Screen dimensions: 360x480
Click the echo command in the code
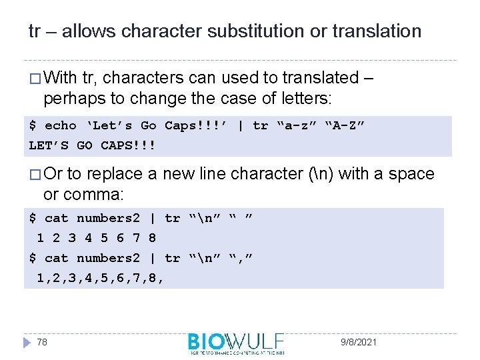click(x=61, y=126)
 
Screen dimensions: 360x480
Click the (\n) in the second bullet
click(x=323, y=175)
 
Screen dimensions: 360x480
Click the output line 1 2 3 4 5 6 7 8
click(x=96, y=237)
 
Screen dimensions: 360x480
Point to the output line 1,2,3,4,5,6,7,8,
click(x=100, y=277)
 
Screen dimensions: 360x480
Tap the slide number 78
click(x=41, y=342)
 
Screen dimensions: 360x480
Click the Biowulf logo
click(x=235, y=343)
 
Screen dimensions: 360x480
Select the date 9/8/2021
click(x=357, y=342)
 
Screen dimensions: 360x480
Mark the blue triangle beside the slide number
click(x=27, y=342)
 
